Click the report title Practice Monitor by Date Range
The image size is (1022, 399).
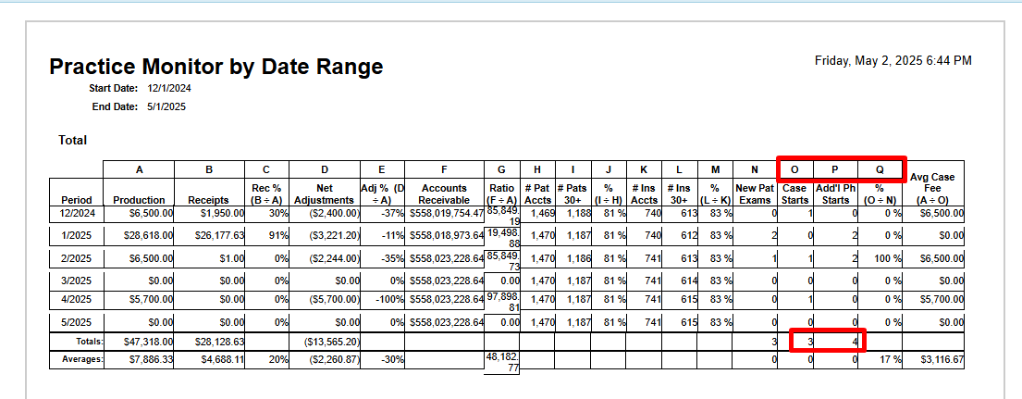215,67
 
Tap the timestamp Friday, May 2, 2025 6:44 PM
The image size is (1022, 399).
893,60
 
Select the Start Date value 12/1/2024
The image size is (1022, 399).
169,88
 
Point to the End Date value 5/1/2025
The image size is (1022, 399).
166,106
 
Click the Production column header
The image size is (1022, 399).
139,200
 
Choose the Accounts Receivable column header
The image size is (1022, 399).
444,194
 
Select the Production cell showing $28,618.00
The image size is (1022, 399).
147,235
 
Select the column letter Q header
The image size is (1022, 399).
879,169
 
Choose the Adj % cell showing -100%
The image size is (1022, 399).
389,300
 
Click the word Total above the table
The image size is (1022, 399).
72,140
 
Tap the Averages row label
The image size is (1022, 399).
82,359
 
